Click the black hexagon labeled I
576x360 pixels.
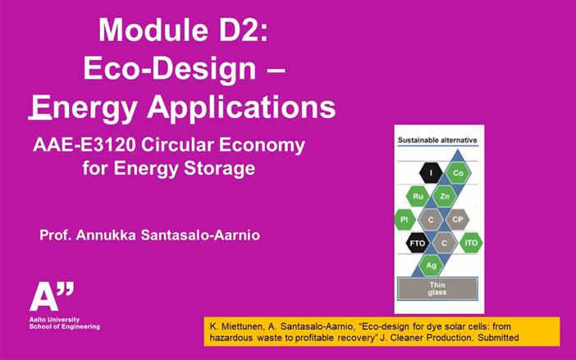[x=431, y=173]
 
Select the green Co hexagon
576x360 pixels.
[x=459, y=173]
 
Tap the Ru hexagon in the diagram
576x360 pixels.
[x=418, y=197]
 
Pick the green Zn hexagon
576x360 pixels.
[x=444, y=197]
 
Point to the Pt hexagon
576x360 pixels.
[x=405, y=220]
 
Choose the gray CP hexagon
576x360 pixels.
[x=458, y=220]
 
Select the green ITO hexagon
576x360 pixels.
[x=471, y=243]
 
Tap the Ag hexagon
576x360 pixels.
[x=431, y=266]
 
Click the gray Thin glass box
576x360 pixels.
[x=437, y=287]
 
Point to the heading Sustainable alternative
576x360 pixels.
[x=437, y=141]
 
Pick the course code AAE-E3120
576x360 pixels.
[x=89, y=146]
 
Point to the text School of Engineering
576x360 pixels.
[x=65, y=326]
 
